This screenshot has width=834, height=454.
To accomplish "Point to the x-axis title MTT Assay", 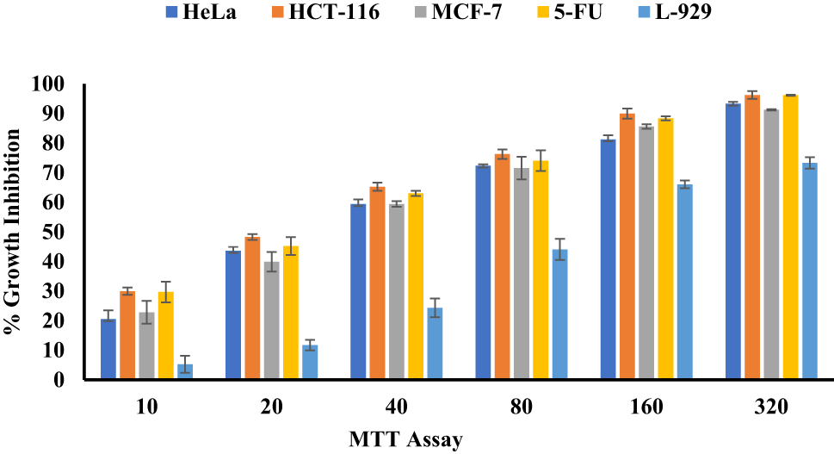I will (405, 440).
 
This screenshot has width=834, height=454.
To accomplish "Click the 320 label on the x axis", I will (772, 407).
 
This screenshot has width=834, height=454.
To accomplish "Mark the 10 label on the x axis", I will (146, 407).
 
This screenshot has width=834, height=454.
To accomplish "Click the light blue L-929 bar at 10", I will (185, 372).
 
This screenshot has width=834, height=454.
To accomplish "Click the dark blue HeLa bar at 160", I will (608, 259).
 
